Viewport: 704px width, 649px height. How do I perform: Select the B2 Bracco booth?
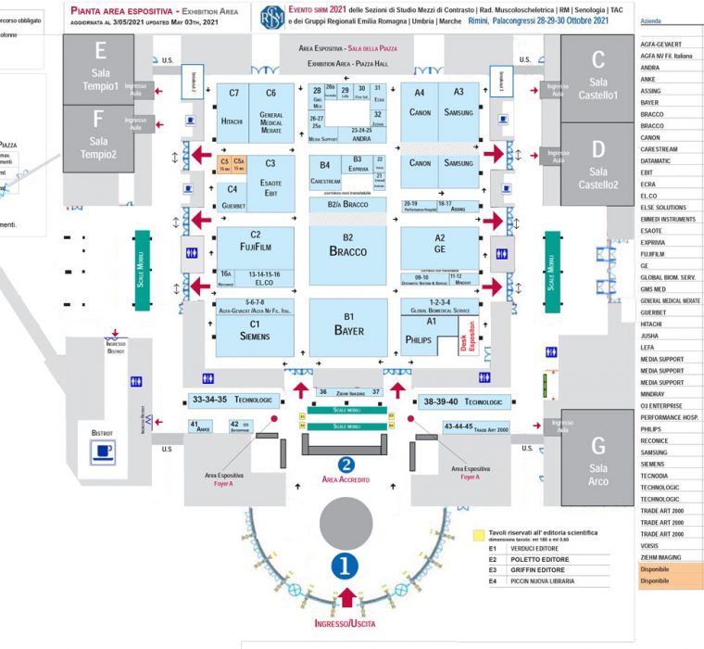coord(347,246)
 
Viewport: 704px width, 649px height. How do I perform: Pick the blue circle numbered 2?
coord(346,465)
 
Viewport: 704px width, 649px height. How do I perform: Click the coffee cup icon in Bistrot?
coord(101,452)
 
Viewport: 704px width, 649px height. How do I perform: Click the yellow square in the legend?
coord(477,535)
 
